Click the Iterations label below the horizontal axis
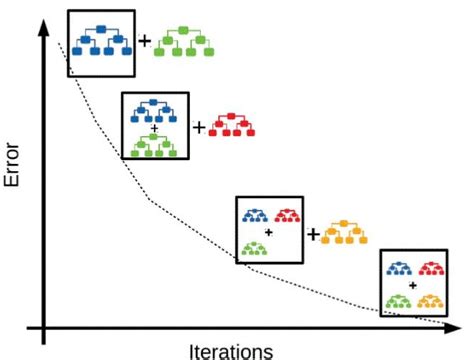(x=230, y=350)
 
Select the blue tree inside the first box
(x=102, y=43)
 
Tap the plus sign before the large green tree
(x=145, y=41)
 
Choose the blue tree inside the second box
(x=155, y=112)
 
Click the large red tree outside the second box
(x=233, y=127)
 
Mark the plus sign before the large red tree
(x=198, y=127)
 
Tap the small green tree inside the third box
(x=255, y=247)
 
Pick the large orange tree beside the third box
(x=345, y=234)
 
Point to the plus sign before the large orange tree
(x=313, y=234)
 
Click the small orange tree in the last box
(x=430, y=299)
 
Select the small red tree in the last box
(x=430, y=268)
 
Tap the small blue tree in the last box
(x=400, y=268)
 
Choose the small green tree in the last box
(x=400, y=299)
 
